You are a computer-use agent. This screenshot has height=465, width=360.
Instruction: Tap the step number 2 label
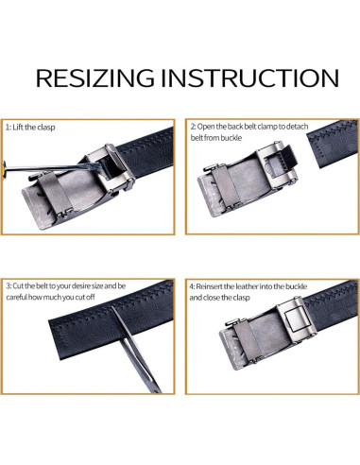click(x=193, y=126)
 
